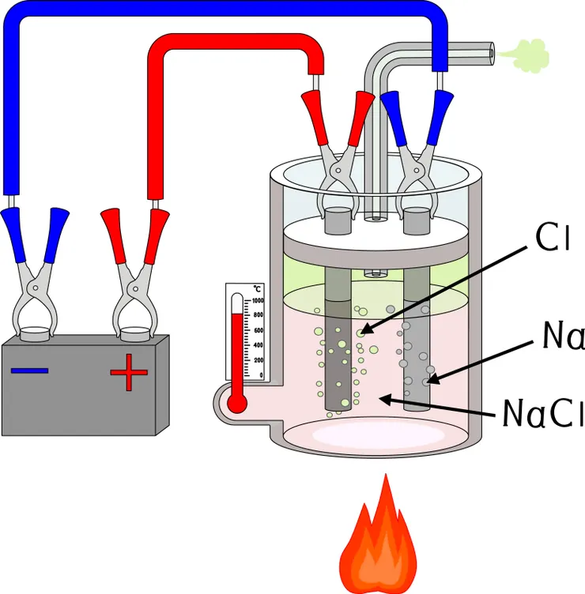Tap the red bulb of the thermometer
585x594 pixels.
236,403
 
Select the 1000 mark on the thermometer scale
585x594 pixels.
258,301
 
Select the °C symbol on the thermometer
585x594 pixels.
257,289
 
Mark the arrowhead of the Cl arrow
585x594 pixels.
362,333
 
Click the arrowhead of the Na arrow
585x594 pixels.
428,382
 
